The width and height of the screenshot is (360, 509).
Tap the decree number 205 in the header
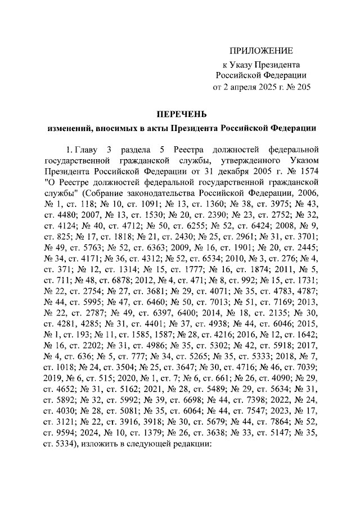(x=303, y=87)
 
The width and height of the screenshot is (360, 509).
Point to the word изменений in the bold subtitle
(x=68, y=129)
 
